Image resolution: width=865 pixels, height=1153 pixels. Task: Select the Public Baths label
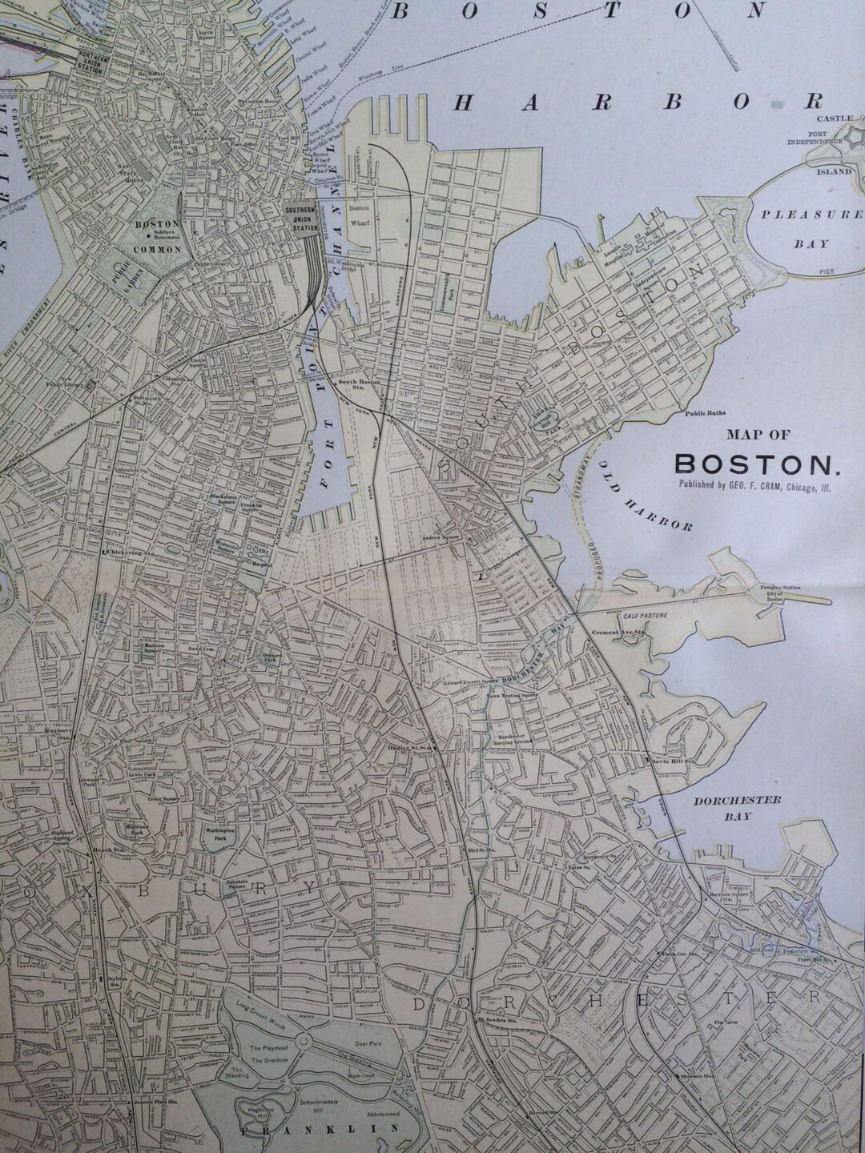pos(705,414)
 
